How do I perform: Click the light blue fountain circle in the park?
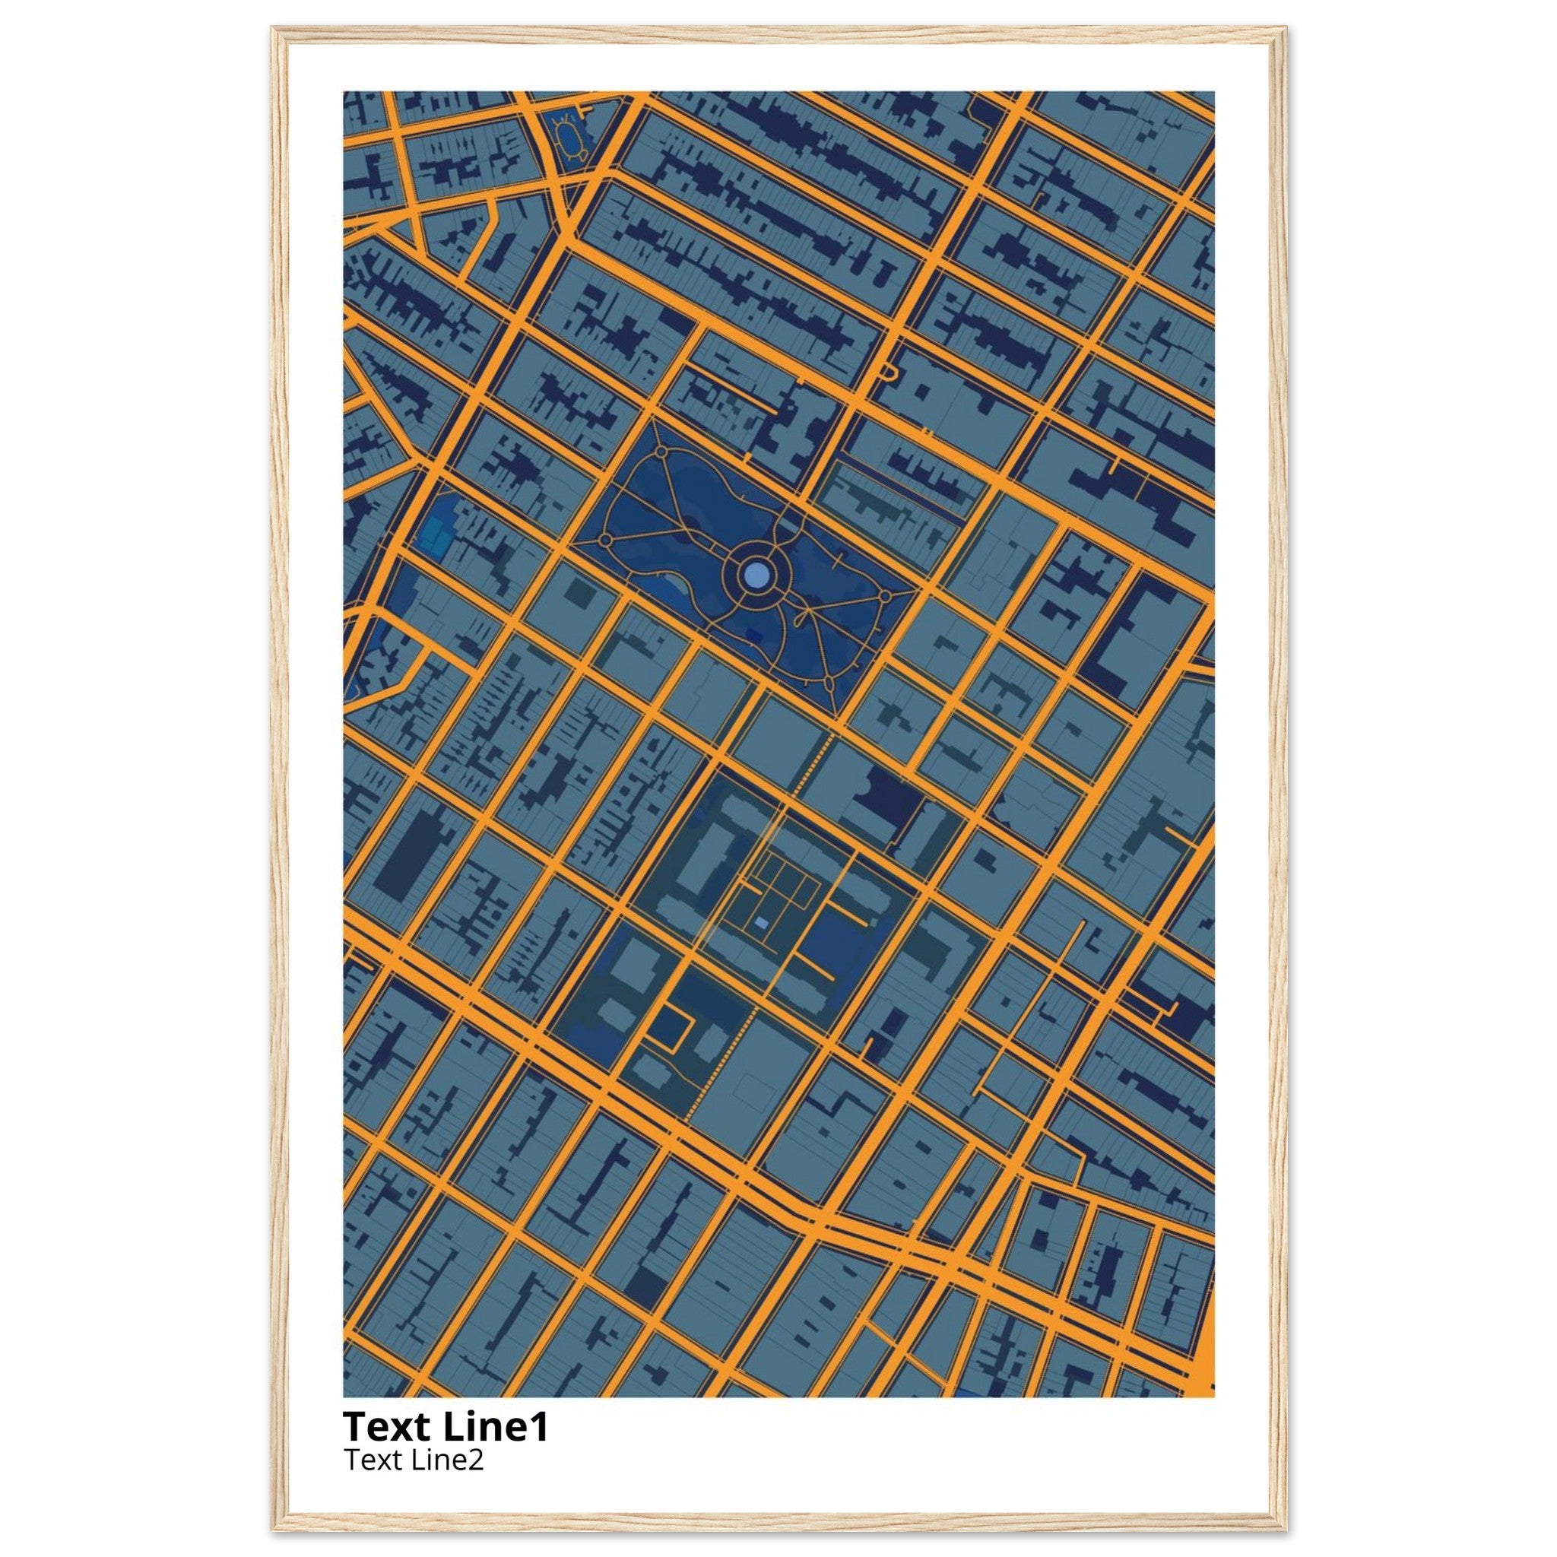pyautogui.click(x=756, y=575)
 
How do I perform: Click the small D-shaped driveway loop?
pyautogui.click(x=889, y=372)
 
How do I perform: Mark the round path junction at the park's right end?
pyautogui.click(x=885, y=596)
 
